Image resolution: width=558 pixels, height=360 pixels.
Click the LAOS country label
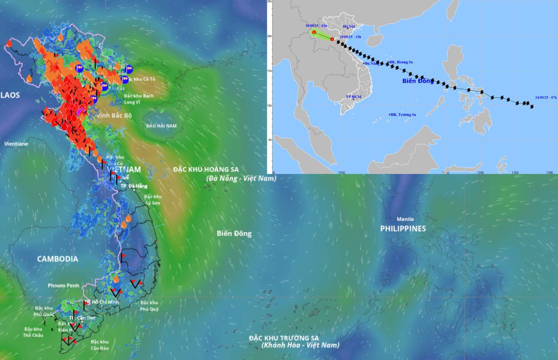point(10,95)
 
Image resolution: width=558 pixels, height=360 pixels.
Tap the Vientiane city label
point(16,144)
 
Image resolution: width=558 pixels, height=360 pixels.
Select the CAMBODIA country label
point(58,259)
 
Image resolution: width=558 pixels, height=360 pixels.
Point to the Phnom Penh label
point(63,285)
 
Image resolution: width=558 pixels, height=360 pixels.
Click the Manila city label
point(405,219)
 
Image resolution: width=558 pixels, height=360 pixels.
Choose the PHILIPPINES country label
point(403,228)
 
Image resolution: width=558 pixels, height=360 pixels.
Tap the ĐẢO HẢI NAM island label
point(161,126)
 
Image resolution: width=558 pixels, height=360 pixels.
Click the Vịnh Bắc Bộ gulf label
point(114,115)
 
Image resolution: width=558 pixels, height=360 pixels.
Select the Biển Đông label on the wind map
point(234,233)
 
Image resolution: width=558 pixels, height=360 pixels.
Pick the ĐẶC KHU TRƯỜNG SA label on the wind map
point(284,338)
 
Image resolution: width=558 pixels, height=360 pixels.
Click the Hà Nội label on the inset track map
point(349,26)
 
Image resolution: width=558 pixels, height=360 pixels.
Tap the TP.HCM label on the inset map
point(353,97)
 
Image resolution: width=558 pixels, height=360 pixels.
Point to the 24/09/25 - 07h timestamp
point(546,97)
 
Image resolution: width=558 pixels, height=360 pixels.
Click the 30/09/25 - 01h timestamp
point(316,26)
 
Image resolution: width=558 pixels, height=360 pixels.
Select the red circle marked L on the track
point(314,32)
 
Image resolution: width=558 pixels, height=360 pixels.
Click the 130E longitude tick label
point(515,173)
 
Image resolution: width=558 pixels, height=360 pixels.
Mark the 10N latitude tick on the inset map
point(270,105)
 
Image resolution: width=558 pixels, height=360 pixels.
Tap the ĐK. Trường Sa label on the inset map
point(403,115)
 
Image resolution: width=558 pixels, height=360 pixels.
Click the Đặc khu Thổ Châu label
point(33,332)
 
